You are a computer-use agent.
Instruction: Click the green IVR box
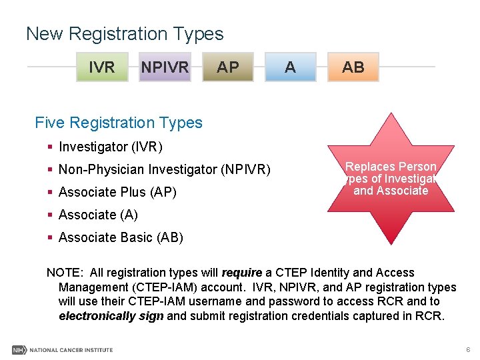(102, 67)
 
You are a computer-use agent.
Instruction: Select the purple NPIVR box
(165, 67)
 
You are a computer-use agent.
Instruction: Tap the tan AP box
(228, 67)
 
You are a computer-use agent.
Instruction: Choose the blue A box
(290, 67)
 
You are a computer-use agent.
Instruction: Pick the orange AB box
(353, 67)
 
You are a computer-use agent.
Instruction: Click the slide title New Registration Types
(125, 33)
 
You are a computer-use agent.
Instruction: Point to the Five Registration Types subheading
(118, 123)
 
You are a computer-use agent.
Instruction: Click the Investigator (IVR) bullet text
(110, 146)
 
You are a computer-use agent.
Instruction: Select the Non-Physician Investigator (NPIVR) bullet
(164, 169)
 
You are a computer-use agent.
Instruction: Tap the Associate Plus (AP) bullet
(117, 192)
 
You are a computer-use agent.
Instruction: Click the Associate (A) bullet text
(98, 215)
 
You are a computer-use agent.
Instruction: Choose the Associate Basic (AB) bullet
(121, 237)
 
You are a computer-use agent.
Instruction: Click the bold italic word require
(242, 273)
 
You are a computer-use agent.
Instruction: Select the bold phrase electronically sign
(111, 316)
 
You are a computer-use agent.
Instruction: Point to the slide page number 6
(469, 349)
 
